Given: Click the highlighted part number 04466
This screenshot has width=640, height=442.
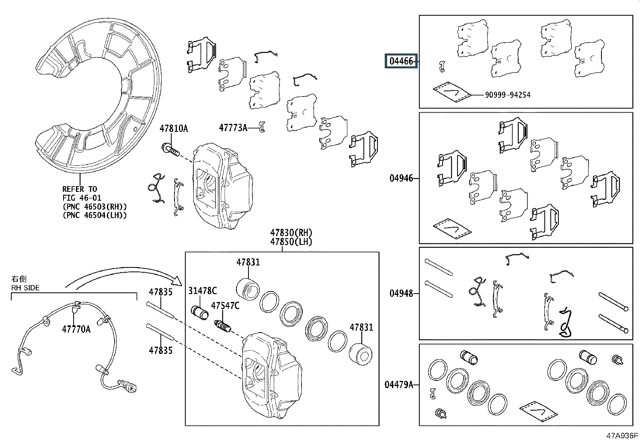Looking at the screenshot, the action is [x=401, y=61].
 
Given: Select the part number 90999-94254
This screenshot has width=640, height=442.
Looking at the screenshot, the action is [x=507, y=95].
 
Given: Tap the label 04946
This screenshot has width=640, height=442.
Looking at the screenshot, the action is [x=401, y=179].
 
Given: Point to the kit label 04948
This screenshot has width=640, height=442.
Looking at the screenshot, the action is [x=401, y=293].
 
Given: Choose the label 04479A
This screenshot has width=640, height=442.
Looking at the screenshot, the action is [x=399, y=385].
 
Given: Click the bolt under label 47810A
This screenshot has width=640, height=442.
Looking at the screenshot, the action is [x=170, y=150].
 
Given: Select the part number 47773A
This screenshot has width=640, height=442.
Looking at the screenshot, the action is [x=233, y=127].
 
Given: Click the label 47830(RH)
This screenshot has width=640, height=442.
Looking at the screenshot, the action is [x=291, y=232].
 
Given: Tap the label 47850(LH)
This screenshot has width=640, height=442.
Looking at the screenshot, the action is [x=291, y=242].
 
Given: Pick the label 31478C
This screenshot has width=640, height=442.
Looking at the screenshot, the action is [x=202, y=291].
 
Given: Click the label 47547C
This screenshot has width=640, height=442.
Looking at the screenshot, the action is [x=225, y=306].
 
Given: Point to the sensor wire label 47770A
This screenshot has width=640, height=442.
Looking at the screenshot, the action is [x=76, y=329].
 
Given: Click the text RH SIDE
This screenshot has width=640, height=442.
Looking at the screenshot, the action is [x=25, y=288].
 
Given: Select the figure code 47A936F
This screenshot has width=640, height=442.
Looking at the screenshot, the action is [x=622, y=436].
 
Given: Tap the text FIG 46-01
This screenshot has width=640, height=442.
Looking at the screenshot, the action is [x=82, y=198].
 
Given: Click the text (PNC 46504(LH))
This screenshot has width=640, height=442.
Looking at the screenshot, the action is [x=94, y=215].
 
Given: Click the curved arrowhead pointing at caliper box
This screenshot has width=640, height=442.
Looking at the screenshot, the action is [x=178, y=281].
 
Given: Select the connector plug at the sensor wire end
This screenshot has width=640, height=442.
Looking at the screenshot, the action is [x=128, y=386].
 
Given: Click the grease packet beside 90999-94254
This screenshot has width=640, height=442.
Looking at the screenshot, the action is [x=452, y=92].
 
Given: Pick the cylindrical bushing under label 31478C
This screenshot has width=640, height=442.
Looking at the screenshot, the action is [x=199, y=313].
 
